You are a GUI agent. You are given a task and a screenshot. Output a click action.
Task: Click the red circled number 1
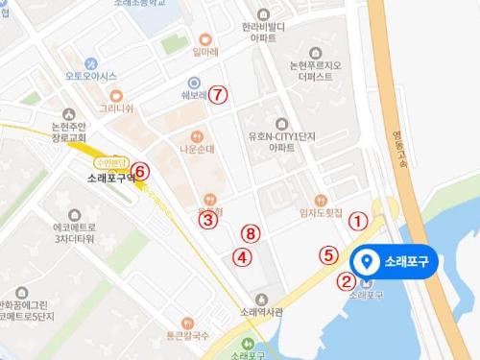click(x=357, y=220)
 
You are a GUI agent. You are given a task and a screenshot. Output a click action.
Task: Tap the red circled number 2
click(x=346, y=281)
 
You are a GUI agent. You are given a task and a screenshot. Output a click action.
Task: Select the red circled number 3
click(x=207, y=220)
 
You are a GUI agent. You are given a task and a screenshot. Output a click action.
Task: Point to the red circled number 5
click(x=329, y=255)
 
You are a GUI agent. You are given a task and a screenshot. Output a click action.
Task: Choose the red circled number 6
click(x=141, y=172)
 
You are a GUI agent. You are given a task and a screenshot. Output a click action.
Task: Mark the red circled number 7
click(x=219, y=95)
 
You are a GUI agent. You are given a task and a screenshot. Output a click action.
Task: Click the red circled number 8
click(x=251, y=233)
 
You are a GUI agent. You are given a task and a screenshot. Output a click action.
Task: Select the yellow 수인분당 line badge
click(x=108, y=162)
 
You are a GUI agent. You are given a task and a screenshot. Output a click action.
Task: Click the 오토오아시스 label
click(x=90, y=76)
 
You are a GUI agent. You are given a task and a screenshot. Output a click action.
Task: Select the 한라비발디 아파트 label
click(x=260, y=32)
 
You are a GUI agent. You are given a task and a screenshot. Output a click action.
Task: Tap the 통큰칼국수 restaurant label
click(x=187, y=335)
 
